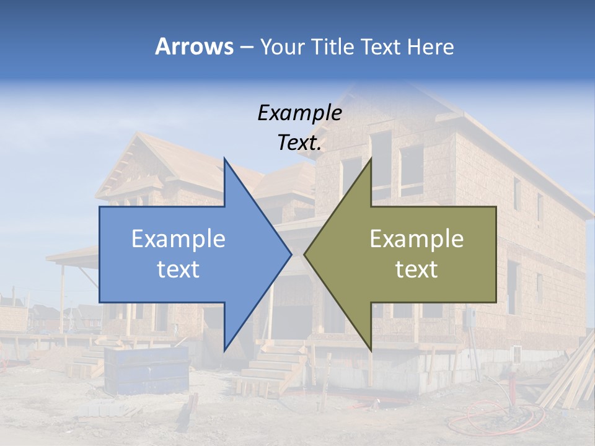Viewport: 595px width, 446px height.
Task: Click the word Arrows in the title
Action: tap(195, 46)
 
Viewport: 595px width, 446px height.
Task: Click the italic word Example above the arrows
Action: tap(299, 113)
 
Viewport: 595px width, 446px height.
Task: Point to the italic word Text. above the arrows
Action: tap(299, 143)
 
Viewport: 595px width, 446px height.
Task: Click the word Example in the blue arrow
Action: tap(178, 239)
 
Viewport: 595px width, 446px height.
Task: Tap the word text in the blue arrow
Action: tap(178, 269)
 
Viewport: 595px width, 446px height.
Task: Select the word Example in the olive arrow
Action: tap(416, 239)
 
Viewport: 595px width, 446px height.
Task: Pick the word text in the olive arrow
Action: tap(416, 269)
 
